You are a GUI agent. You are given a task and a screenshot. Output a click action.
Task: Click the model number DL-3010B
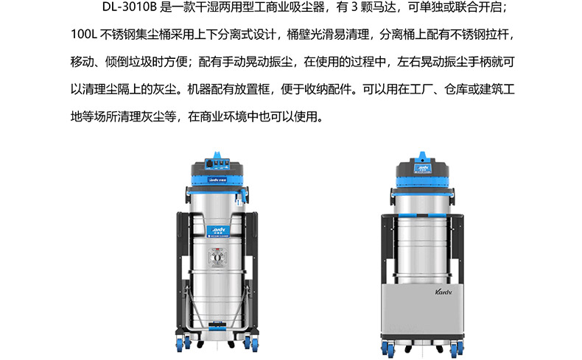click(130, 7)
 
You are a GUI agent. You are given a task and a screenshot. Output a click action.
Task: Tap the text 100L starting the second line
click(84, 35)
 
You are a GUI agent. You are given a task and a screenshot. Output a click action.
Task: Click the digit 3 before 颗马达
click(354, 7)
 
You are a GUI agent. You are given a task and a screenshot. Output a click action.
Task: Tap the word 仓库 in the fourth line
click(456, 89)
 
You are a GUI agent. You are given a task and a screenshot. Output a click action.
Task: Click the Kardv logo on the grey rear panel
click(443, 292)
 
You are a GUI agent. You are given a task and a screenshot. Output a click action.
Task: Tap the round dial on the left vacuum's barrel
click(217, 256)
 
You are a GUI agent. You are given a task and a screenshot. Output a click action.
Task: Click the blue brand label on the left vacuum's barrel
click(218, 231)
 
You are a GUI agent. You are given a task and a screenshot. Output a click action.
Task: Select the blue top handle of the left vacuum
click(217, 155)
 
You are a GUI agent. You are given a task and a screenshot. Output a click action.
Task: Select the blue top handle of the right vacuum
click(422, 155)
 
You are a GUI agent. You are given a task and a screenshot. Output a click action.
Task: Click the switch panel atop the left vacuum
click(217, 164)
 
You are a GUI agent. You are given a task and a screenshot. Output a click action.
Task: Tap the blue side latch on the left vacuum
click(243, 196)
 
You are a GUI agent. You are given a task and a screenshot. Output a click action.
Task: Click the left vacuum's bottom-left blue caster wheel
click(181, 343)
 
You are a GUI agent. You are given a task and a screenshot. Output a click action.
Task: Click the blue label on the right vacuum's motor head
click(422, 169)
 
